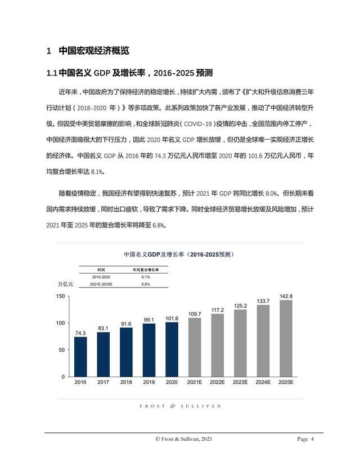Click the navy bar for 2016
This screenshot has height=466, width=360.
pyautogui.click(x=80, y=356)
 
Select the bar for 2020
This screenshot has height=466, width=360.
pyautogui.click(x=172, y=349)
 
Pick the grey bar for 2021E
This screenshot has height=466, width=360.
pyautogui.click(x=195, y=347)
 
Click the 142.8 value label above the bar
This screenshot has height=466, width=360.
pyautogui.click(x=286, y=296)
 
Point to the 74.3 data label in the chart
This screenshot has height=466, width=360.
pyautogui.click(x=80, y=333)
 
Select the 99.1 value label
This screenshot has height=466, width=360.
pyautogui.click(x=149, y=320)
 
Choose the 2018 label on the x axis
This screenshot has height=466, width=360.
pyautogui.click(x=126, y=382)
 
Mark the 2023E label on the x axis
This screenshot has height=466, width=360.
pyautogui.click(x=240, y=382)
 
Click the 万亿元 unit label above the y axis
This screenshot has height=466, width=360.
pyautogui.click(x=58, y=284)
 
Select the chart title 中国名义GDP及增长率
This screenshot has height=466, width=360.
pyautogui.click(x=178, y=254)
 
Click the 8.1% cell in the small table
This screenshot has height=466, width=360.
pyautogui.click(x=146, y=277)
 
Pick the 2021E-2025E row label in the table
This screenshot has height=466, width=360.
pyautogui.click(x=101, y=284)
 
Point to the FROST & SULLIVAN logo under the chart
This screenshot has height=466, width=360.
pyautogui.click(x=180, y=405)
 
